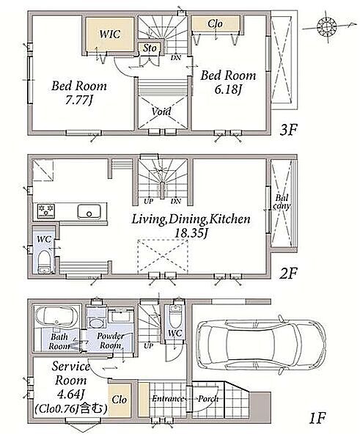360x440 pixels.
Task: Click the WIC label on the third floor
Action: click(110, 34)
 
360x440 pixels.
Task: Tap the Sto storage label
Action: click(150, 48)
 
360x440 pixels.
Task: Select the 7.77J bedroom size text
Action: click(79, 100)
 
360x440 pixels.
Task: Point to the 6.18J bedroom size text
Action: click(228, 89)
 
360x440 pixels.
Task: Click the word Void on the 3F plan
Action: click(161, 111)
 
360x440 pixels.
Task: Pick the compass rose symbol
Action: click(327, 26)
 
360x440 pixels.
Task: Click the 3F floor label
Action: click(288, 130)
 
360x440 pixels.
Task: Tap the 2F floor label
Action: click(288, 274)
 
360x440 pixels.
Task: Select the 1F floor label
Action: click(317, 419)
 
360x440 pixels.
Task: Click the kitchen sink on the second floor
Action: click(89, 211)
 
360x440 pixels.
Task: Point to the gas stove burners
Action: click(45, 210)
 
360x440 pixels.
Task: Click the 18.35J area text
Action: click(190, 233)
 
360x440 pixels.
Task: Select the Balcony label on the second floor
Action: click(282, 202)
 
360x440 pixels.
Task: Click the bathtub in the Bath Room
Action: click(56, 318)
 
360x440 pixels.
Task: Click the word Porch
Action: click(208, 398)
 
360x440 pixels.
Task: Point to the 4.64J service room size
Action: click(71, 395)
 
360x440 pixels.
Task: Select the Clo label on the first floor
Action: click(119, 399)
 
